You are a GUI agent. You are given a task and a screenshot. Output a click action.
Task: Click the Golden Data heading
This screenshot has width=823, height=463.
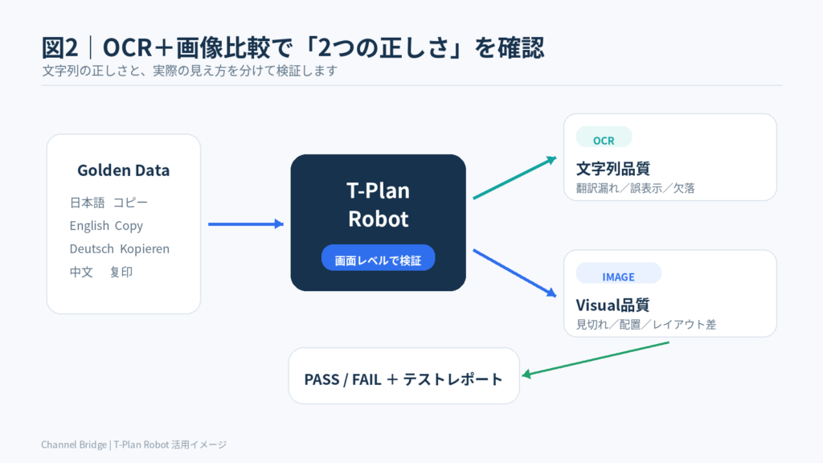[123, 170]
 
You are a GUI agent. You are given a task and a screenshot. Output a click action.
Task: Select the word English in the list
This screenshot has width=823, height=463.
[89, 226]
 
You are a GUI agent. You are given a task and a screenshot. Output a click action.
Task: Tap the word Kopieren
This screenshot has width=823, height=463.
[145, 248]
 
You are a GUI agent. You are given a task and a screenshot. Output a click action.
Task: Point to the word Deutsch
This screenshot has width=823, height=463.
[92, 248]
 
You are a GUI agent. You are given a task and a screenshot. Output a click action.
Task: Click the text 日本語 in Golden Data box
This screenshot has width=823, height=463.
[87, 203]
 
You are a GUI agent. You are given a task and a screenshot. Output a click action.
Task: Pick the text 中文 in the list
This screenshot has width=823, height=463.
[81, 272]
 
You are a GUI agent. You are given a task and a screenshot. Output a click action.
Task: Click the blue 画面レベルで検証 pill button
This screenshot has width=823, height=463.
[378, 258]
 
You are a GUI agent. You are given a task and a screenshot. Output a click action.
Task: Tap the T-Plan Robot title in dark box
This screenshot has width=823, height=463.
[378, 204]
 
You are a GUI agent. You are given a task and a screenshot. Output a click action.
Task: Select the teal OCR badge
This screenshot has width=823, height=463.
[604, 137]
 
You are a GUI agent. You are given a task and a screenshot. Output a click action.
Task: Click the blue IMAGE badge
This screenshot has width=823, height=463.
[618, 273]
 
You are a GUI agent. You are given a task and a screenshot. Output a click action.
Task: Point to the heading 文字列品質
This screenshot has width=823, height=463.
[613, 169]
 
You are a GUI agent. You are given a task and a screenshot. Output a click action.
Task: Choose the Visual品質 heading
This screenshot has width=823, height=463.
[612, 305]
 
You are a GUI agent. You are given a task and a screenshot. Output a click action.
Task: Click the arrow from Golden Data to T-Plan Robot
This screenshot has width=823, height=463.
[246, 224]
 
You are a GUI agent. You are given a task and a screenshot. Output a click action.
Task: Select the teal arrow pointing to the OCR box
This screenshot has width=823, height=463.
[514, 178]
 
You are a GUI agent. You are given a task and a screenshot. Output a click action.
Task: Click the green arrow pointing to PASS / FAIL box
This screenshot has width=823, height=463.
[596, 359]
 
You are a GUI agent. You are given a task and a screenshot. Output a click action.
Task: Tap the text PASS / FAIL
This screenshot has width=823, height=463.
[342, 379]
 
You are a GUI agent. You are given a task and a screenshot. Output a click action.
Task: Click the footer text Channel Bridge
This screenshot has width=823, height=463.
[74, 445]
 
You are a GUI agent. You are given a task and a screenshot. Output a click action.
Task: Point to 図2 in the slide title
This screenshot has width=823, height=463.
[59, 47]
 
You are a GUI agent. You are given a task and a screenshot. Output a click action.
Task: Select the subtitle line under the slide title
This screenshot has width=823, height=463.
[190, 71]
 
